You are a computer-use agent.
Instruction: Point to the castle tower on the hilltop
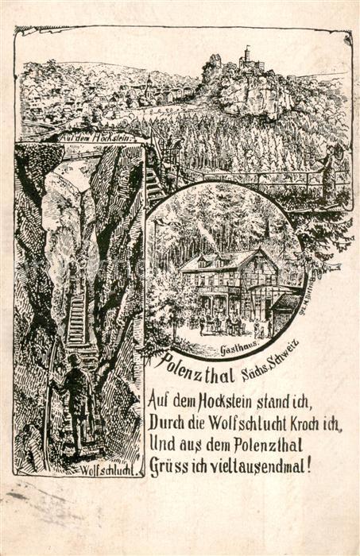(x=246, y=56)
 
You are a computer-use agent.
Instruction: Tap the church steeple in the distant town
(x=147, y=83)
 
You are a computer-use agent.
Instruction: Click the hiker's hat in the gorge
(x=73, y=359)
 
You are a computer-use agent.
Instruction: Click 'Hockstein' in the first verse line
(x=220, y=400)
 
